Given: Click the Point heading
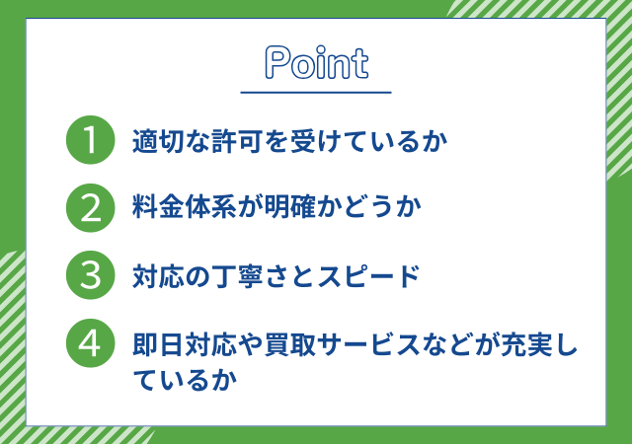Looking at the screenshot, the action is coord(316,62).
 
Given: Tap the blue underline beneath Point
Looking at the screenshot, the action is coord(316,93).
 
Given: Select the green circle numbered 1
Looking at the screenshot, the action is coord(90,140).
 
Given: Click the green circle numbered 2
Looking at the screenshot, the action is coord(90,208).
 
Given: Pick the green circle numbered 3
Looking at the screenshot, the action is coord(90,275).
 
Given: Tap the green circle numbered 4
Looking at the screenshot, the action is coord(90,343).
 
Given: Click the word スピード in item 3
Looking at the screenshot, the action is coord(368,276).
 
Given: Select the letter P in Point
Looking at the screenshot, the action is coord(277,62).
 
